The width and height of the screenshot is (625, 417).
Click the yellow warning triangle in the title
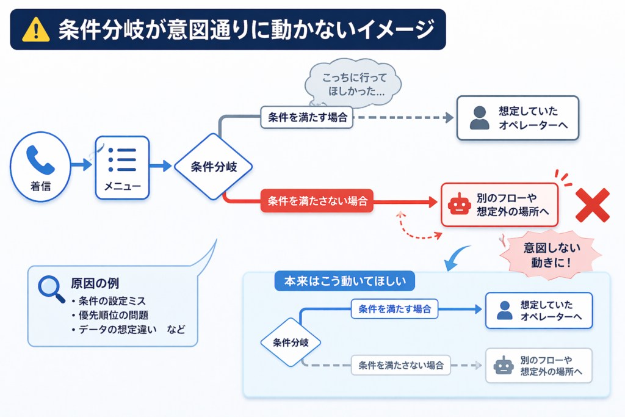pyautogui.click(x=36, y=30)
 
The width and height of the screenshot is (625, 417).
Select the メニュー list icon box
pyautogui.click(x=122, y=167)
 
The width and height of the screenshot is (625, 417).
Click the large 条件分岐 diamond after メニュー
pyautogui.click(x=214, y=167)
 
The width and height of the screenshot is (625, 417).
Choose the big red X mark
pyautogui.click(x=593, y=205)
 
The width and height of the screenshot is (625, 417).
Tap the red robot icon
pyautogui.click(x=458, y=205)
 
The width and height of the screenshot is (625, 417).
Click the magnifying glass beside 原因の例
pyautogui.click(x=51, y=289)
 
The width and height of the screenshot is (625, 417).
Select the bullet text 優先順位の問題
pyautogui.click(x=114, y=315)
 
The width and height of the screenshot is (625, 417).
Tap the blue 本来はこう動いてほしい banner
pyautogui.click(x=345, y=281)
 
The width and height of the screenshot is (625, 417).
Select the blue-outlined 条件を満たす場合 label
pyautogui.click(x=394, y=309)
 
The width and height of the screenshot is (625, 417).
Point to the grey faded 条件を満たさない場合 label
pyautogui.click(x=400, y=365)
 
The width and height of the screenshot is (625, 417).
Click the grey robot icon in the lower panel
pyautogui.click(x=504, y=365)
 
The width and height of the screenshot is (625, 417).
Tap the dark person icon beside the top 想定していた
pyautogui.click(x=480, y=118)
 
